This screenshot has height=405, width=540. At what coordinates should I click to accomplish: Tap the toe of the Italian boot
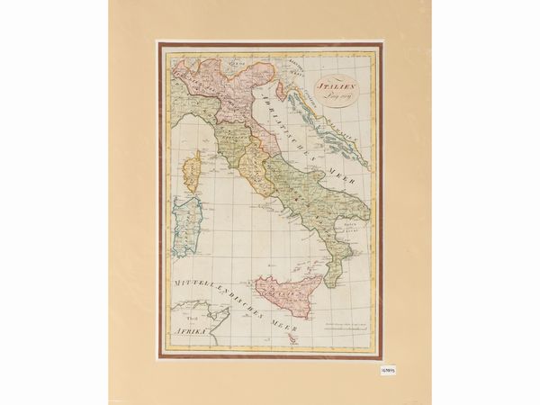[x=328, y=281]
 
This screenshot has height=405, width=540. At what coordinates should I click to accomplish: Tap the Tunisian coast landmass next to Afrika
[x=216, y=317]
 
